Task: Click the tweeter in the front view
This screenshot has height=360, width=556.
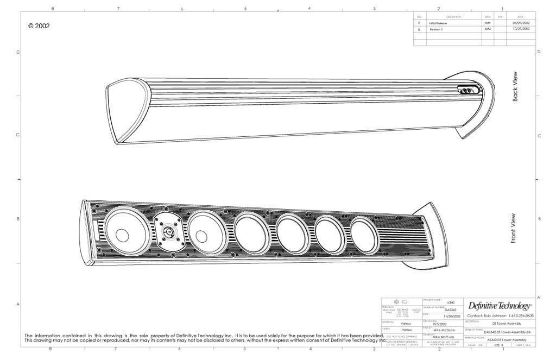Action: [169, 232]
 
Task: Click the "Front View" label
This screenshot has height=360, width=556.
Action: [514, 228]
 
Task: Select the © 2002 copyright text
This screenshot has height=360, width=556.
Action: [39, 26]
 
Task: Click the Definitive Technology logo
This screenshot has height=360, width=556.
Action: [500, 306]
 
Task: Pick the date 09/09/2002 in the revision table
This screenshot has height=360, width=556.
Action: [521, 23]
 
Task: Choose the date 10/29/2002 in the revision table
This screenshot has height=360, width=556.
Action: [521, 29]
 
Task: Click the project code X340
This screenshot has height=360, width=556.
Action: [450, 302]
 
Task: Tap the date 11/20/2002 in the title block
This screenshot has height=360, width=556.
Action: [452, 316]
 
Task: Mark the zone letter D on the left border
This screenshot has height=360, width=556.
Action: [18, 52]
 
